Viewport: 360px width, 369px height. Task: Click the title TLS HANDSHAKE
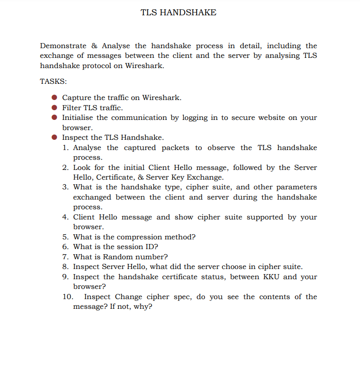178,13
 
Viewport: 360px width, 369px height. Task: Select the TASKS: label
53,81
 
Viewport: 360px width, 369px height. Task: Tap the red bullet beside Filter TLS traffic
54,108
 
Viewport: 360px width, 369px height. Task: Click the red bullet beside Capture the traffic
54,98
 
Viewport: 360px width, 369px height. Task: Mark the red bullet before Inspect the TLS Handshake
54,138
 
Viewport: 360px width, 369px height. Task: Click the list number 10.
68,297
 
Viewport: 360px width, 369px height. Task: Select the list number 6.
65,247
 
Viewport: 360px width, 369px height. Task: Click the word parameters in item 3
297,188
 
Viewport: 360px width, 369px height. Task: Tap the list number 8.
65,267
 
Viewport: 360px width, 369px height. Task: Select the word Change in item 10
129,297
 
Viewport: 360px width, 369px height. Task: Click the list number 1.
65,148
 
